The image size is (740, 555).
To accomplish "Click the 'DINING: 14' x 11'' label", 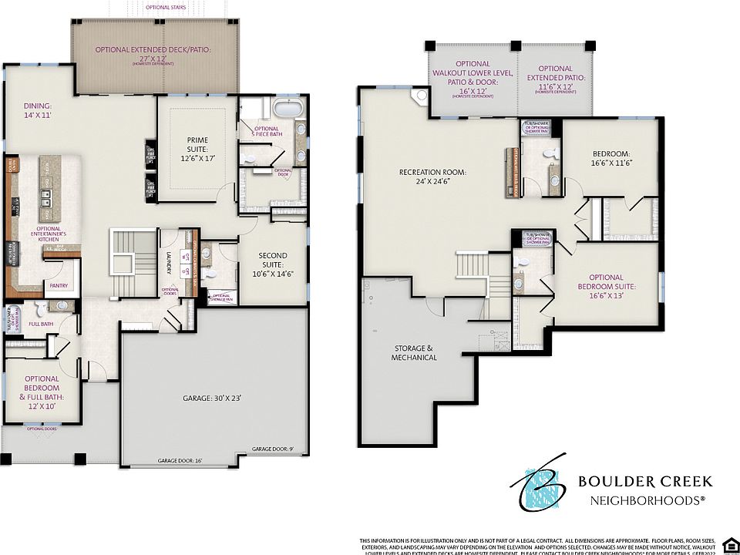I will coord(38,110).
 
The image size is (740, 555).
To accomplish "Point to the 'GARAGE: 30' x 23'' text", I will coord(212,399).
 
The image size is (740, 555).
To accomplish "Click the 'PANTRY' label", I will coord(59,286).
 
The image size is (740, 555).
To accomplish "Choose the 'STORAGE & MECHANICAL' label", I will coord(414,352).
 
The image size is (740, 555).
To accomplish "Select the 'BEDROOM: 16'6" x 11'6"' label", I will coord(610,158).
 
